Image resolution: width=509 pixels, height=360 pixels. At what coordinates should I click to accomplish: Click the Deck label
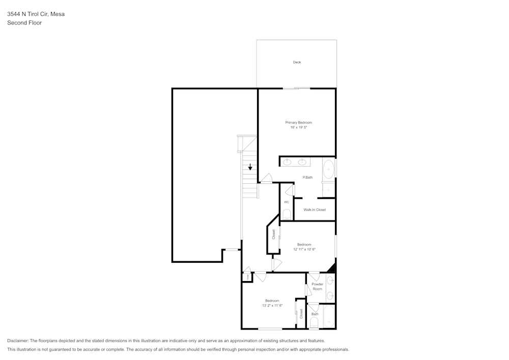click(297, 62)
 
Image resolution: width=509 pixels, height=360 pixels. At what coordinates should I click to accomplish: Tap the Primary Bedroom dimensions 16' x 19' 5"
click(298, 127)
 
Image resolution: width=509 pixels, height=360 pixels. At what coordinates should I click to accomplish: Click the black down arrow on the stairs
click(250, 167)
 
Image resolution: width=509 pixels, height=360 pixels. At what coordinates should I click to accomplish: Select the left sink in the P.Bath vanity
click(287, 162)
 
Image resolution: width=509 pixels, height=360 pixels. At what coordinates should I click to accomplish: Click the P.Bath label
click(307, 177)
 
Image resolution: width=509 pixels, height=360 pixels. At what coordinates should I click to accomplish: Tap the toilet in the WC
click(287, 214)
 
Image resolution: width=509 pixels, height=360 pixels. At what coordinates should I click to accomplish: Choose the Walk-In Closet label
click(315, 210)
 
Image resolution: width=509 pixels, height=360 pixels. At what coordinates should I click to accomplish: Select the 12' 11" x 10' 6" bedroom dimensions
click(304, 250)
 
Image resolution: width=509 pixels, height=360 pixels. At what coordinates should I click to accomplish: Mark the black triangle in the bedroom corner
click(332, 268)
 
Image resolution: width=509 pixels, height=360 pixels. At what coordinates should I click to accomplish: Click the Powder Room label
click(318, 287)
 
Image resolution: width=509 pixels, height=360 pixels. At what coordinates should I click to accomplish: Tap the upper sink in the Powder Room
click(330, 280)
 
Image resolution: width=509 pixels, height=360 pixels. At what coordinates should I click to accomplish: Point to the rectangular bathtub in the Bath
click(328, 316)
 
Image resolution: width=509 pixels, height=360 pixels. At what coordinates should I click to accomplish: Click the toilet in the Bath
click(314, 322)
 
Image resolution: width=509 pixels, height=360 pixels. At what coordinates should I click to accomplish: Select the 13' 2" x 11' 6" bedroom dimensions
click(272, 306)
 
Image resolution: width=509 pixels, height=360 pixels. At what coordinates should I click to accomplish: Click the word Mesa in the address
click(58, 14)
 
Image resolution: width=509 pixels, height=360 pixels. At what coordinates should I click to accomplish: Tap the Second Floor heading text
click(24, 23)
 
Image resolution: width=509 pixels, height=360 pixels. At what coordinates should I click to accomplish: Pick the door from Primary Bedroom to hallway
click(266, 178)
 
